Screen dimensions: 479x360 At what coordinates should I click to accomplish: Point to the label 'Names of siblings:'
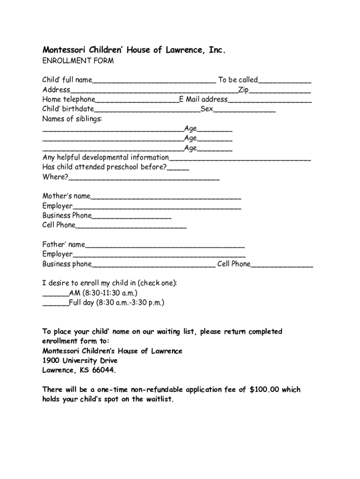(x=72, y=119)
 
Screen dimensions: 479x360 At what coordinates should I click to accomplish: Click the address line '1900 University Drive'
(x=80, y=361)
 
